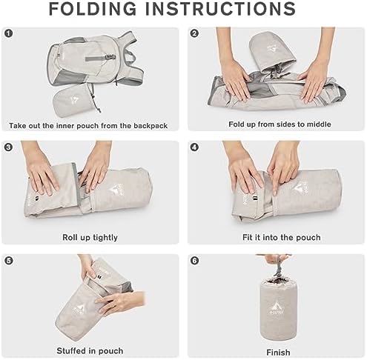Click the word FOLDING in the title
coord(93,9)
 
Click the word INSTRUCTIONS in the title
coord(220,9)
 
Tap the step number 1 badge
coord(8,33)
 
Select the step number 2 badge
coord(194,33)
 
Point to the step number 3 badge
coord(8,147)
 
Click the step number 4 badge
coord(194,147)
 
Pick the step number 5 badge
coord(8,261)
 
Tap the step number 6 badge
coord(194,261)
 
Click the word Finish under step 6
coord(278,353)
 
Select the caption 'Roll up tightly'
coord(90,238)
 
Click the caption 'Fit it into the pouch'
coord(282,238)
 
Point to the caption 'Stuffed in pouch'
coord(90,351)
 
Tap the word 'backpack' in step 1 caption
coord(151,126)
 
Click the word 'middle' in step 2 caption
coord(319,124)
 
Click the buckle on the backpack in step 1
coord(110,57)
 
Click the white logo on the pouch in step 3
coord(114,190)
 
